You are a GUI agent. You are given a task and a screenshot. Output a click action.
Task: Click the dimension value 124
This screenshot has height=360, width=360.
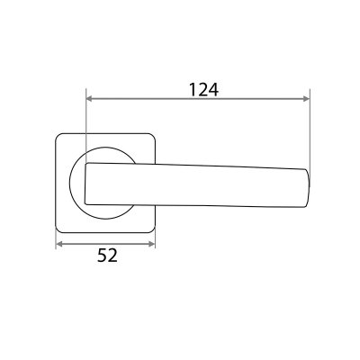203,90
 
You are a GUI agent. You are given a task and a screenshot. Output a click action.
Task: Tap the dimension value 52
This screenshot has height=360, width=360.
107,256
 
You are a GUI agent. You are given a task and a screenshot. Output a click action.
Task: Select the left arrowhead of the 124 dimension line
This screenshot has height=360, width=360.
89,98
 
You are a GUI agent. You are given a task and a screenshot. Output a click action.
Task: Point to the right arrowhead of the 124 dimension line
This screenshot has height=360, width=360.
306,98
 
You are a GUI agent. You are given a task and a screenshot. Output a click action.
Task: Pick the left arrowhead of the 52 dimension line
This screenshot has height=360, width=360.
59,244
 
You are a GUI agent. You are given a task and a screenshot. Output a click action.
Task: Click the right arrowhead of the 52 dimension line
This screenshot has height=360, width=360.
151,244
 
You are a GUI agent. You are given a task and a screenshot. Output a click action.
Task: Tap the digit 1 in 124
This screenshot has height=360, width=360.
193,90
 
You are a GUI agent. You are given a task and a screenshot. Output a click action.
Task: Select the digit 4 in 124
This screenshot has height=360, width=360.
213,90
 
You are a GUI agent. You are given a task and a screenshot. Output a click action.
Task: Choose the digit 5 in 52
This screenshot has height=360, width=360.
102,256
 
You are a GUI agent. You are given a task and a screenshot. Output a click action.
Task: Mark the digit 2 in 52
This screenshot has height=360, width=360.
112,256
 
